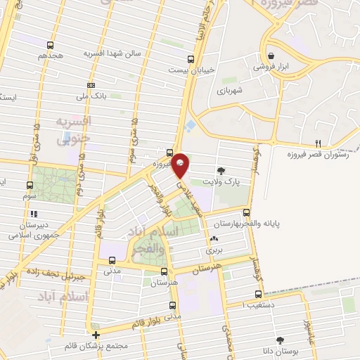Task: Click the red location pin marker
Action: click(x=181, y=165)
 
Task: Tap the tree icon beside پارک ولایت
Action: click(x=222, y=170)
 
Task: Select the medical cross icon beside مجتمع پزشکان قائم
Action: click(x=96, y=334)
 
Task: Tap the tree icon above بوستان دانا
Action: click(x=280, y=340)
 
